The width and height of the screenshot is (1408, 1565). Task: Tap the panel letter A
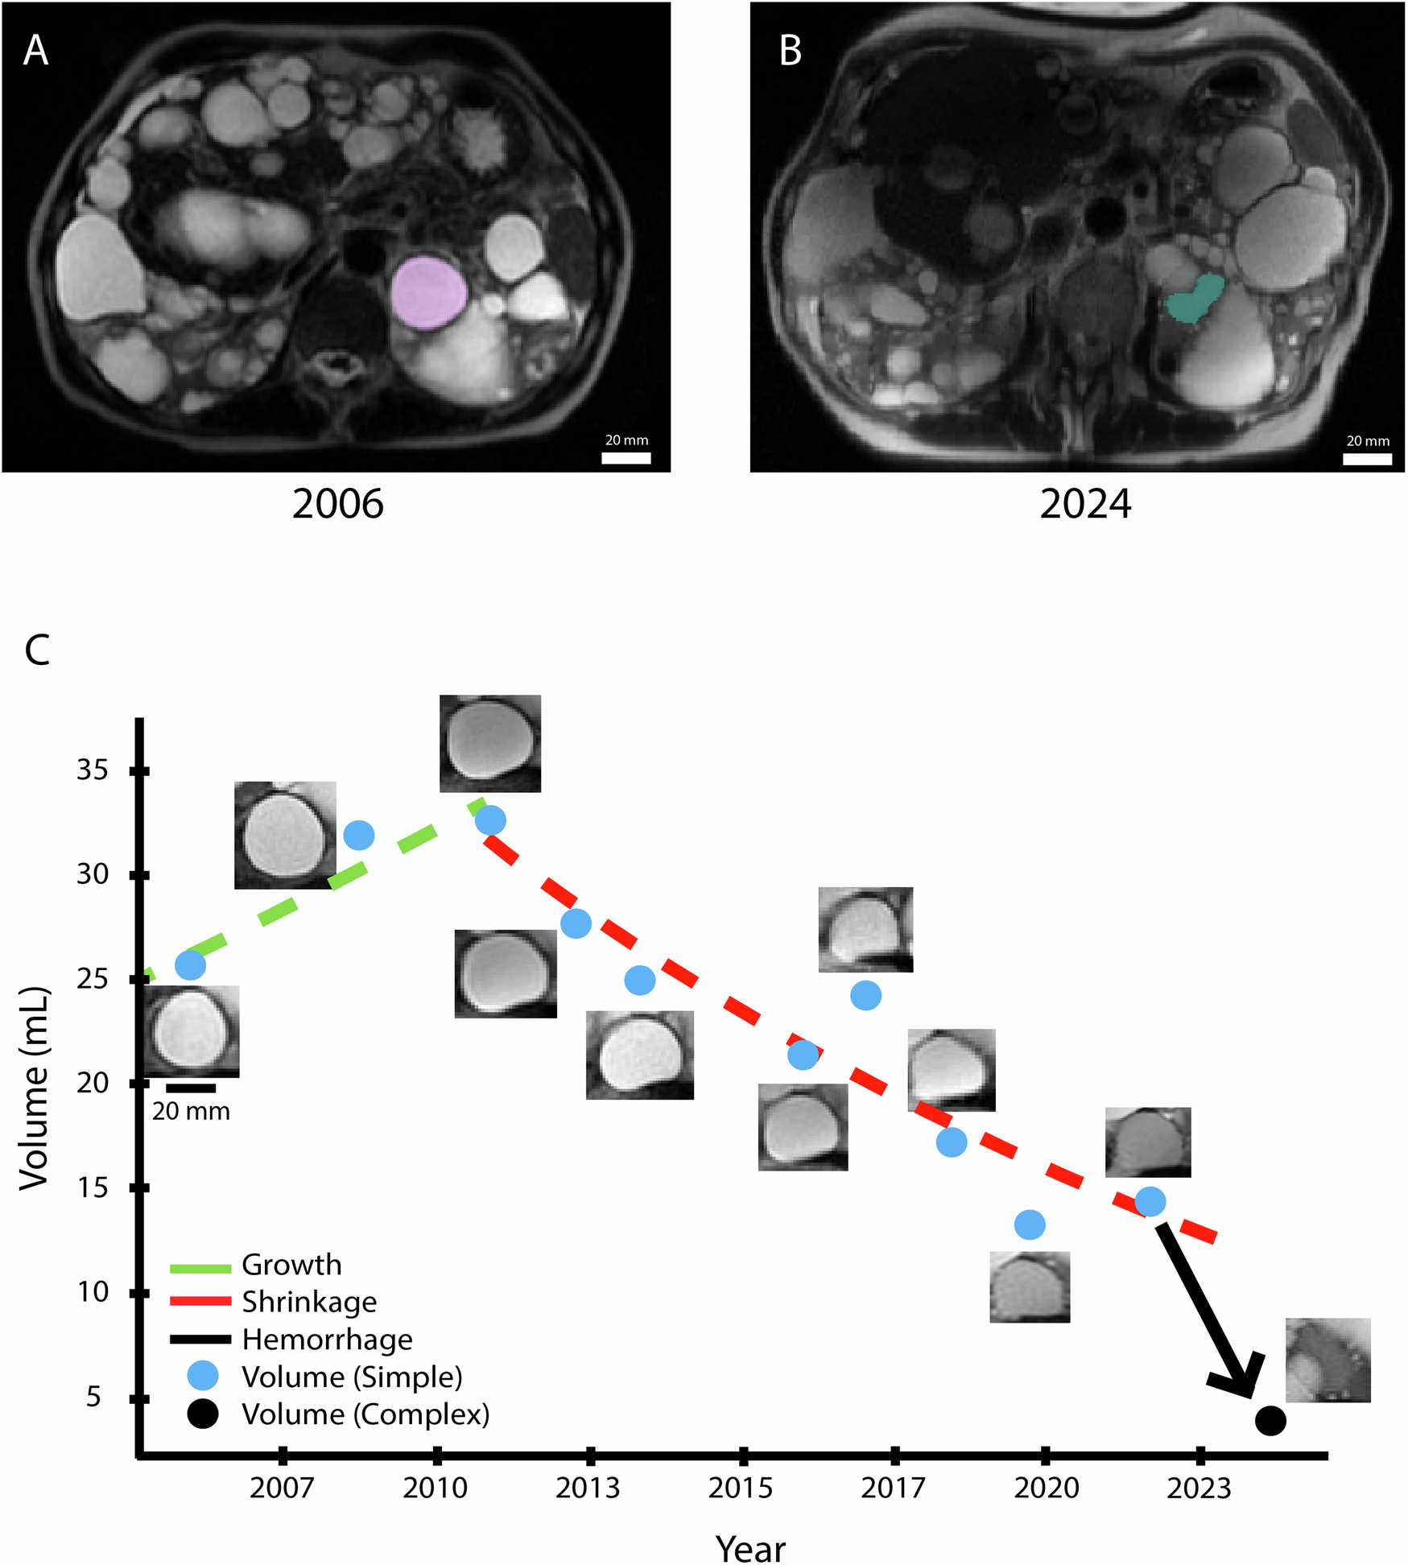coord(35,51)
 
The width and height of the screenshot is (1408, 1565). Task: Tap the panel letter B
coord(790,51)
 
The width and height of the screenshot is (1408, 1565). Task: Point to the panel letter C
coord(37,650)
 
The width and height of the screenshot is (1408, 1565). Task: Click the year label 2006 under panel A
coord(337,505)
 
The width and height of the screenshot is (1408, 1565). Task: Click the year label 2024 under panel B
coord(1084,505)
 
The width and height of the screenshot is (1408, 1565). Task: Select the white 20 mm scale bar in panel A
coord(626,458)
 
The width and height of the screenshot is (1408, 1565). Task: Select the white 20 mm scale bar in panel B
coord(1367,459)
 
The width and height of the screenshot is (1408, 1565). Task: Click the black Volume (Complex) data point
coord(1270,1420)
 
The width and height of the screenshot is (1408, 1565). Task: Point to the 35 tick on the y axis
coord(93,770)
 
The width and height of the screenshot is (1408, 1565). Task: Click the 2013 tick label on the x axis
coord(588,1488)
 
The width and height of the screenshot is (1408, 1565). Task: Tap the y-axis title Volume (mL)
coord(34,1087)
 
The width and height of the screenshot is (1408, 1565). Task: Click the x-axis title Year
coord(750,1547)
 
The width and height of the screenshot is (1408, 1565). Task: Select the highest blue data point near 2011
coord(490,820)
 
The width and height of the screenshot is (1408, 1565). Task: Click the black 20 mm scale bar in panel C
coord(191,1088)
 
